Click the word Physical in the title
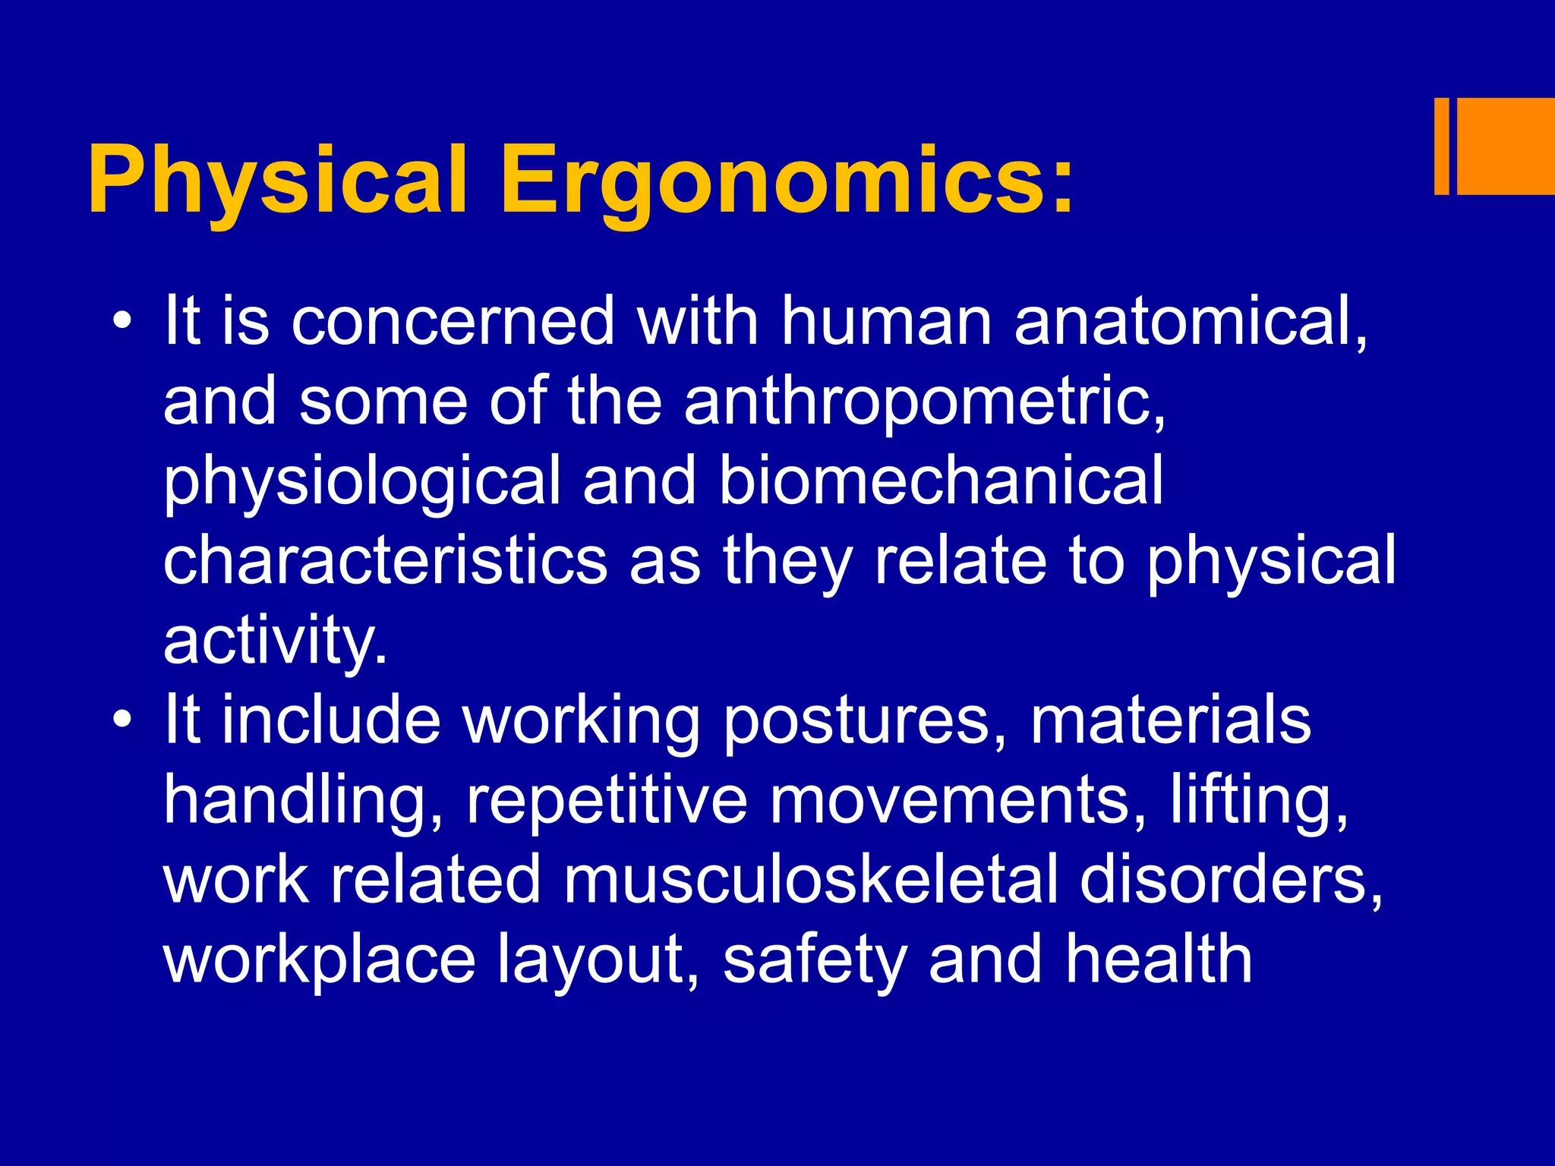click(277, 182)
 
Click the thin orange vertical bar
click(1441, 147)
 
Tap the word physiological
click(361, 482)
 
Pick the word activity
click(274, 641)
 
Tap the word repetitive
click(607, 801)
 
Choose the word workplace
click(319, 960)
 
